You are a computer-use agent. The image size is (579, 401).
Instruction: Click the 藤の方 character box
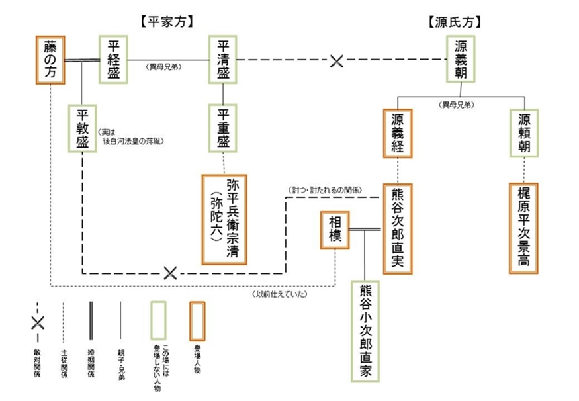pyautogui.click(x=50, y=60)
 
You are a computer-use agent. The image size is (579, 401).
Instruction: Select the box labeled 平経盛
pyautogui.click(x=113, y=58)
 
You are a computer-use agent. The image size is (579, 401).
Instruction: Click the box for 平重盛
pyautogui.click(x=222, y=128)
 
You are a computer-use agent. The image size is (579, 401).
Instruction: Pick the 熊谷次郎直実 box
pyautogui.click(x=397, y=228)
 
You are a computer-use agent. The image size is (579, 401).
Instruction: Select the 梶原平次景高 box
pyautogui.click(x=524, y=228)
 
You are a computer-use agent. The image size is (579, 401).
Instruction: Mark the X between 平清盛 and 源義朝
pyautogui.click(x=337, y=61)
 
